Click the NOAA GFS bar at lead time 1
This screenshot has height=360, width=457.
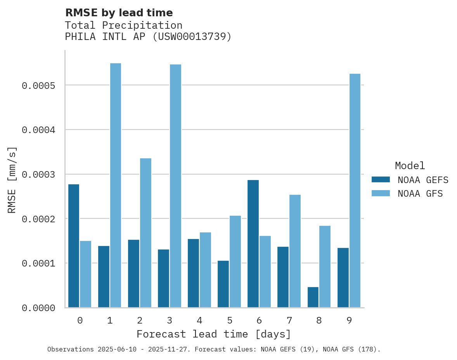click(116, 185)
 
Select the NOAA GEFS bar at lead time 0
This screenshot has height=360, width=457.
click(74, 246)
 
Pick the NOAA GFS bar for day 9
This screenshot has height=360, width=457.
click(355, 190)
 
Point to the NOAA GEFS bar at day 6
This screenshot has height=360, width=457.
click(253, 244)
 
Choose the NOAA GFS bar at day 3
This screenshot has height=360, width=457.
click(175, 186)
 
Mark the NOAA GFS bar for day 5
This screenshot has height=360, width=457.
click(235, 261)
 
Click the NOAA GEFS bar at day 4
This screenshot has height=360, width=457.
click(193, 273)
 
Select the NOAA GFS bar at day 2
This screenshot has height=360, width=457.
click(145, 233)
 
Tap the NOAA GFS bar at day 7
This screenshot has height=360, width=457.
click(295, 251)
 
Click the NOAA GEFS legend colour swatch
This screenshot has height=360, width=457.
click(381, 180)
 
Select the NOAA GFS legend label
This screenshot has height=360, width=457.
click(420, 194)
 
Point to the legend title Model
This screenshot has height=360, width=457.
click(410, 166)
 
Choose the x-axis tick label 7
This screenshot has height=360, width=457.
click(289, 320)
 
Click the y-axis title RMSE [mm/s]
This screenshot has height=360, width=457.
click(12, 180)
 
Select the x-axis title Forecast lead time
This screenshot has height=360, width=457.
click(214, 334)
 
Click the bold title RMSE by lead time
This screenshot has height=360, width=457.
click(119, 13)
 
